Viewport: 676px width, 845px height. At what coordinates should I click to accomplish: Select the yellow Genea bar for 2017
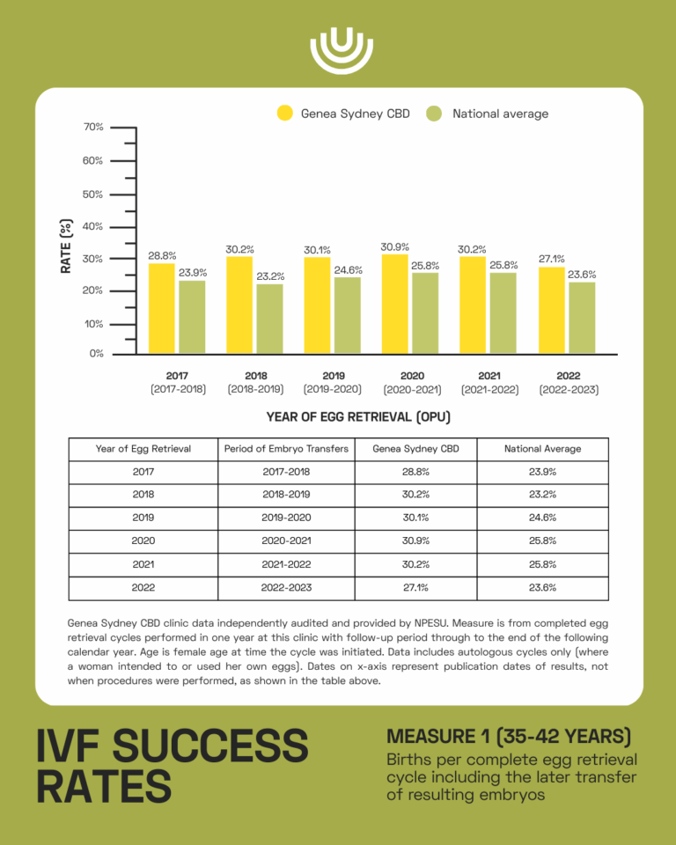point(161,308)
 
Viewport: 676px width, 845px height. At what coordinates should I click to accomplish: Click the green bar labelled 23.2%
point(269,318)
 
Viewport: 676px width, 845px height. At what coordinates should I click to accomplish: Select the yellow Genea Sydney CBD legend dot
point(285,114)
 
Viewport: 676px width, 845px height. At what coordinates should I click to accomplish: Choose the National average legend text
point(500,114)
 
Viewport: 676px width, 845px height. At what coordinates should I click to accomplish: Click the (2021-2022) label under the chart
point(489,389)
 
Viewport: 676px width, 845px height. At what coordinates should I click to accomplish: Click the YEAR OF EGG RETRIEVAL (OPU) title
point(352,416)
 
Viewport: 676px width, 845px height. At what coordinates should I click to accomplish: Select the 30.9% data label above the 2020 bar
point(394,247)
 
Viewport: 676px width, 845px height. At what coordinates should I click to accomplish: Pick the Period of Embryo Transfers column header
point(286,449)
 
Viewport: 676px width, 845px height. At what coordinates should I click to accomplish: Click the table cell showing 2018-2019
point(286,495)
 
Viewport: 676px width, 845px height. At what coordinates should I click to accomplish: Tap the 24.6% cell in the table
point(542,518)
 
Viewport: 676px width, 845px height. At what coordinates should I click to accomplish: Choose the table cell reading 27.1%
point(414,587)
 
